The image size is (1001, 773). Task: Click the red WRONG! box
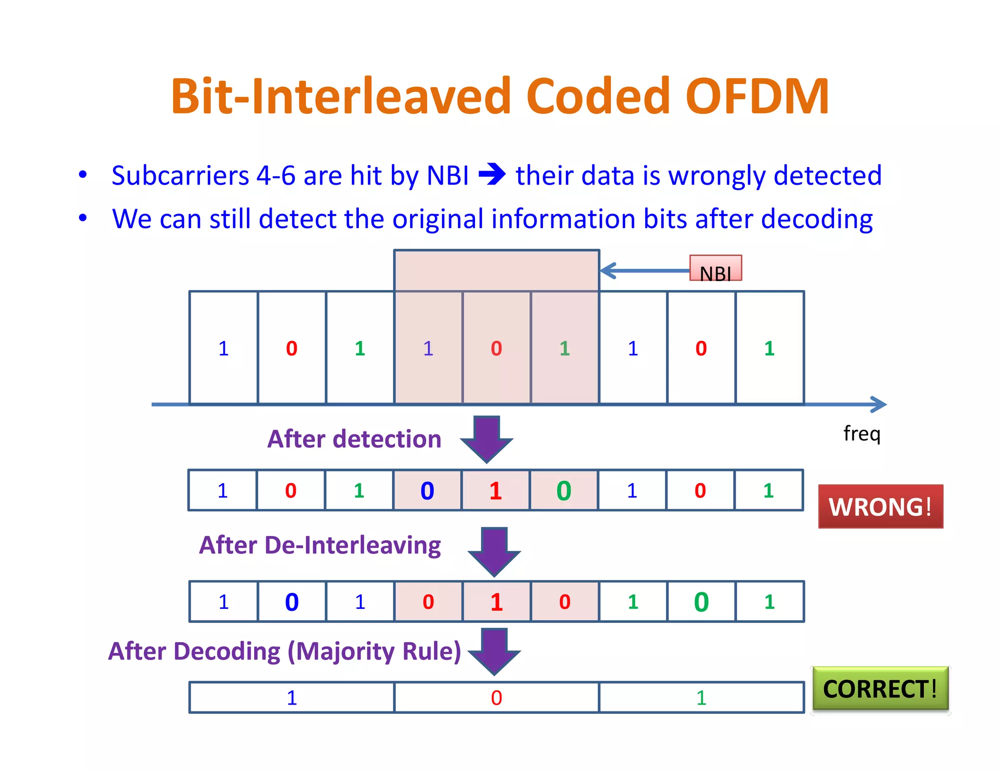[x=880, y=506]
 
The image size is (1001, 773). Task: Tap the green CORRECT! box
[x=880, y=688]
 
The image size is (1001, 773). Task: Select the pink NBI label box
[x=715, y=268]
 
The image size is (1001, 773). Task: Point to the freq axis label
[x=862, y=433]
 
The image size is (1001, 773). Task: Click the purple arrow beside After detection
[x=486, y=438]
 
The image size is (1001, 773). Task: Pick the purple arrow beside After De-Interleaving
[x=494, y=551]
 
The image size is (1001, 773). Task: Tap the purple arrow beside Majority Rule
[x=494, y=651]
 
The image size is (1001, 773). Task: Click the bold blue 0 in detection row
[x=427, y=491]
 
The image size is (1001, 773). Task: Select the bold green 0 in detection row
[x=564, y=491]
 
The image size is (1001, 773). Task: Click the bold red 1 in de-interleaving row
[x=496, y=602]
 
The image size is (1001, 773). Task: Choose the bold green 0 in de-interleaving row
[x=701, y=602]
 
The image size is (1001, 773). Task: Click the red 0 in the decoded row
[x=496, y=698]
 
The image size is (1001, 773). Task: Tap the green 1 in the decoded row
[x=701, y=698]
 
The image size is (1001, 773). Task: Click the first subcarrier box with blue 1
[x=223, y=348]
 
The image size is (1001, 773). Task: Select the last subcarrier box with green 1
[x=769, y=348]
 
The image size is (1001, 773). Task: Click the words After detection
[x=354, y=439]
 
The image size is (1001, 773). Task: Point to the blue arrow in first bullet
[x=492, y=174]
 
